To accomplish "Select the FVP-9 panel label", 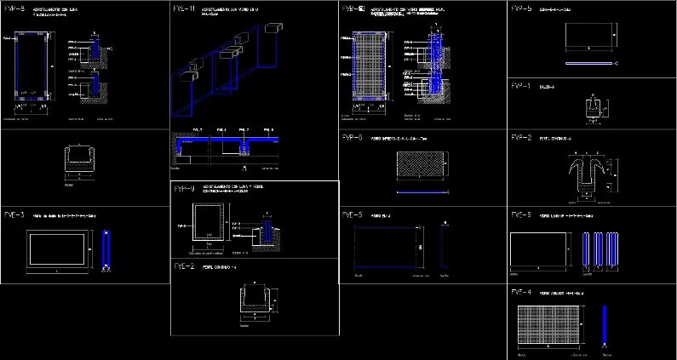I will [x=184, y=189].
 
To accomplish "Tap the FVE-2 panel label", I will [x=184, y=266].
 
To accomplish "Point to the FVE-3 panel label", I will [x=14, y=214].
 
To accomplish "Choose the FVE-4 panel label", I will [x=521, y=293].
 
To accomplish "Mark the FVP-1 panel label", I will [x=521, y=86].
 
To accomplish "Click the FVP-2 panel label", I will [x=521, y=137].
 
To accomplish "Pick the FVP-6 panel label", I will [x=352, y=137].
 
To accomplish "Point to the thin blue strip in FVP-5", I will [x=588, y=63].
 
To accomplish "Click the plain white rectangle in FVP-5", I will [x=588, y=35].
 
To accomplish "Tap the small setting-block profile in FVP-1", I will [x=594, y=109].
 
